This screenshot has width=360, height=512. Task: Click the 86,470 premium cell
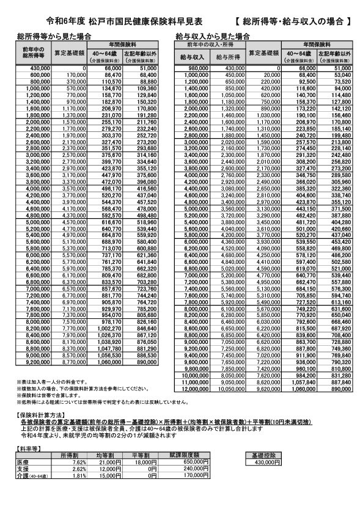(x=113, y=74)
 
